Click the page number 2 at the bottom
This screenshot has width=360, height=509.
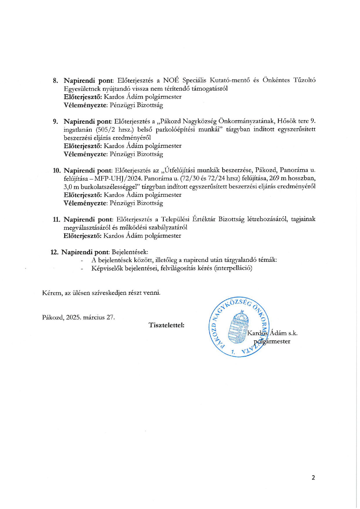(x=313, y=477)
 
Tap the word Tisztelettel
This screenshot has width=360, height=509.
(x=166, y=325)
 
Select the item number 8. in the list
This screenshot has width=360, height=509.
(x=55, y=80)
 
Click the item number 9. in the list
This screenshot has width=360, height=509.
(x=55, y=121)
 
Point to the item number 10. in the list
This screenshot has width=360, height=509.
(x=57, y=170)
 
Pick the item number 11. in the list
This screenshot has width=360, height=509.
(x=57, y=219)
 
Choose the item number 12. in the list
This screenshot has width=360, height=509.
(x=55, y=252)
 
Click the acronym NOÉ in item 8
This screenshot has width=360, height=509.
(x=171, y=80)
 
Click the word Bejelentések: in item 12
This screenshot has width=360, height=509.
(x=130, y=252)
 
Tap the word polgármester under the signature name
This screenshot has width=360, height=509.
(x=272, y=341)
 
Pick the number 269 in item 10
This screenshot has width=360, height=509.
(x=274, y=178)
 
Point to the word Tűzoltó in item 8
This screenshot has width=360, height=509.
(x=304, y=80)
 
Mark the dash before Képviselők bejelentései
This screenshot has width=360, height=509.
(x=82, y=268)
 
